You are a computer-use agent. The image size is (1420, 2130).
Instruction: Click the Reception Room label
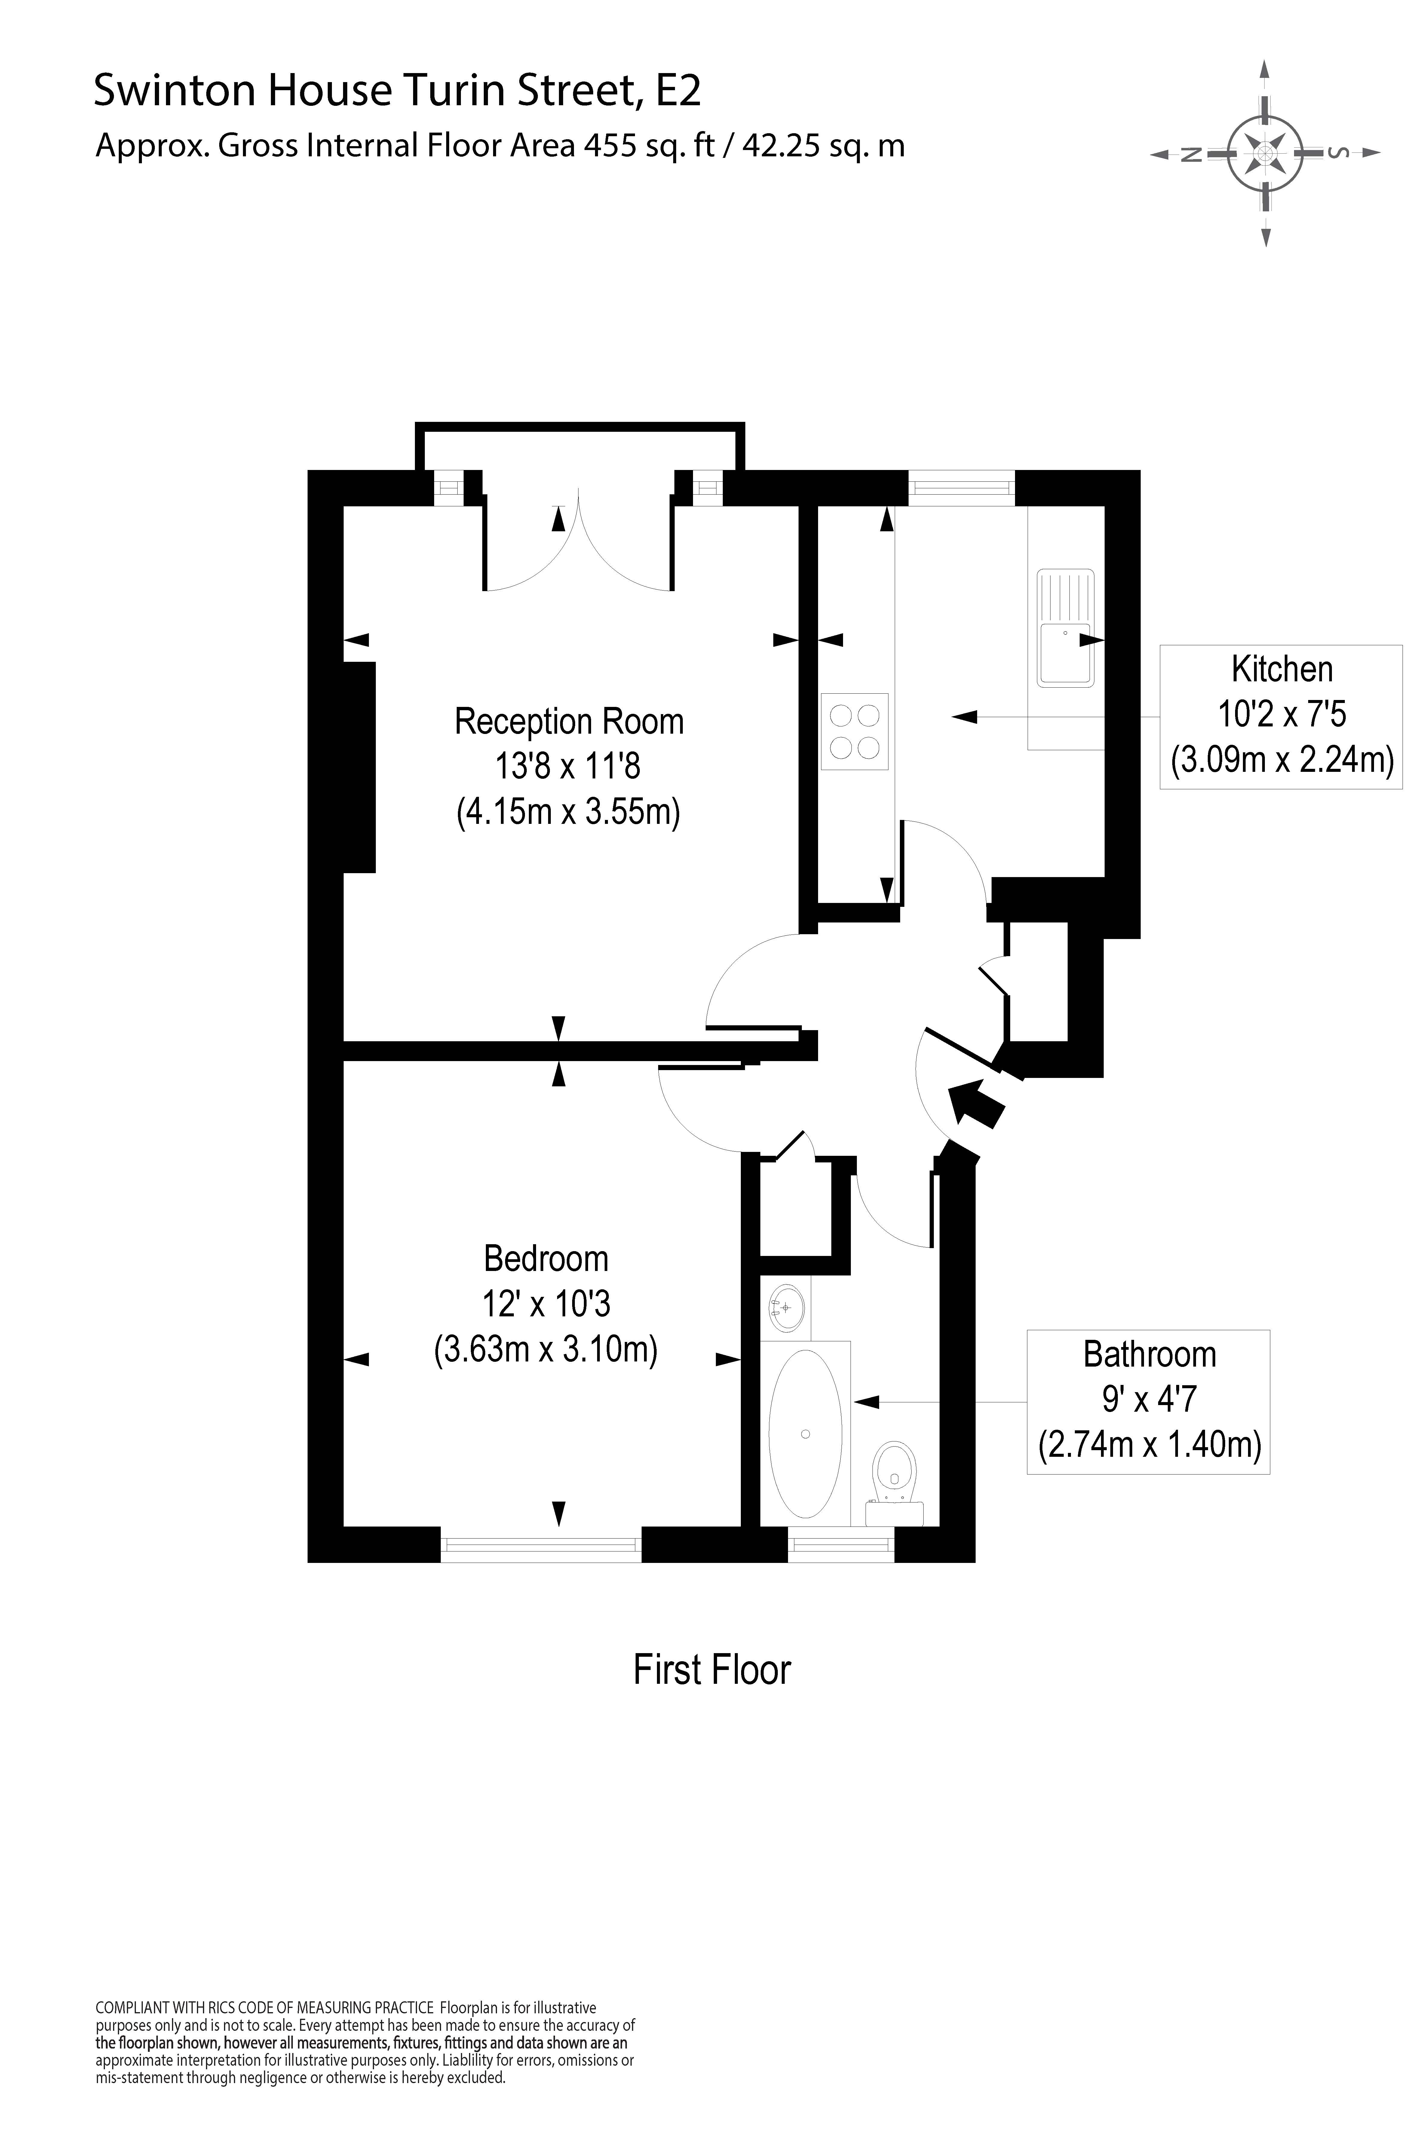coord(569,722)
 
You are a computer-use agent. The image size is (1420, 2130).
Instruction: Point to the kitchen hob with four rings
coord(855,731)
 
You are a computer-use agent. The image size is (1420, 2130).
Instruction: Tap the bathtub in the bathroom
coord(805,1434)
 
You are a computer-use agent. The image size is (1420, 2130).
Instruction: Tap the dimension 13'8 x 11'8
coord(568,767)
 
